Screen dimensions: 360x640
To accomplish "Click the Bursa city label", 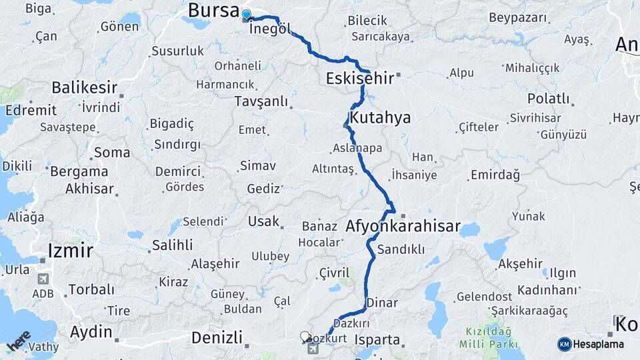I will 213,11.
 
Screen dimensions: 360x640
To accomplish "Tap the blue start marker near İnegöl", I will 247,15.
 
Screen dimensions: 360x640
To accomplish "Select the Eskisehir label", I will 359,79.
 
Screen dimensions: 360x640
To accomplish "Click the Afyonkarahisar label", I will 403,227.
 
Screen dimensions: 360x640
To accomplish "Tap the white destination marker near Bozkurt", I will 305,337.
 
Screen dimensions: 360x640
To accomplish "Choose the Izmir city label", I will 69,251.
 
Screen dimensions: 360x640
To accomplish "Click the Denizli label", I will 216,337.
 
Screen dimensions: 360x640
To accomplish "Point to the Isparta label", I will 377,340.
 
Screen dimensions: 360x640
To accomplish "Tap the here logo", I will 19,340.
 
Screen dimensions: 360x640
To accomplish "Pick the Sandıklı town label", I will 401,249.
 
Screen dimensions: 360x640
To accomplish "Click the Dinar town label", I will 383,303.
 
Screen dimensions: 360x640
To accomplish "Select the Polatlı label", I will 549,99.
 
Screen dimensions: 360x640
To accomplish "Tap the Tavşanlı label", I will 261,101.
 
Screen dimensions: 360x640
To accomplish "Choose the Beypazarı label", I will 517,18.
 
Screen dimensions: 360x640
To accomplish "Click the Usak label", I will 263,221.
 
